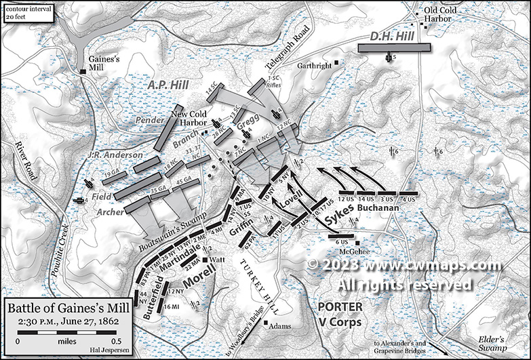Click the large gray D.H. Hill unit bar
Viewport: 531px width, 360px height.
point(394,48)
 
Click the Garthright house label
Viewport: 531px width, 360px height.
point(315,65)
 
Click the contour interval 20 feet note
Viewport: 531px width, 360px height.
point(22,11)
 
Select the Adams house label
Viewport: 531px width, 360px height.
point(280,327)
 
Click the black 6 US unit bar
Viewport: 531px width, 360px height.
point(341,235)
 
